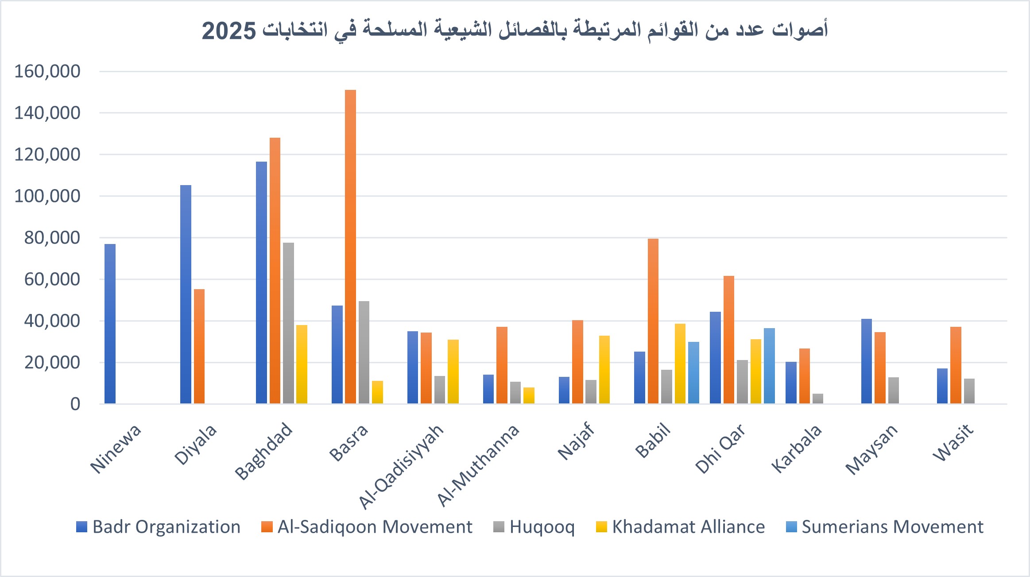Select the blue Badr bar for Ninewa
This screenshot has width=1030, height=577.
pyautogui.click(x=110, y=324)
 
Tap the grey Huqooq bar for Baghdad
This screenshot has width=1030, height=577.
pyautogui.click(x=288, y=323)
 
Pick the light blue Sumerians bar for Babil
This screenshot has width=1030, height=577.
pyautogui.click(x=693, y=372)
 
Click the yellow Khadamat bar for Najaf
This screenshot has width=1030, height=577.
pyautogui.click(x=604, y=369)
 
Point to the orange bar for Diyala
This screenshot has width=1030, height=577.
pyautogui.click(x=199, y=346)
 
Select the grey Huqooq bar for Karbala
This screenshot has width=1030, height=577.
pyautogui.click(x=818, y=399)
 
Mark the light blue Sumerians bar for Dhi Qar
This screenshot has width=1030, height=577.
pyautogui.click(x=769, y=366)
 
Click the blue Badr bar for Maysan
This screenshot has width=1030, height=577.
pyautogui.click(x=866, y=361)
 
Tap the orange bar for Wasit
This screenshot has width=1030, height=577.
pyautogui.click(x=956, y=365)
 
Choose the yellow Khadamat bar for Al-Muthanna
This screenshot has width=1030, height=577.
pyautogui.click(x=529, y=395)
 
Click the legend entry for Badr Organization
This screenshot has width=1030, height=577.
pyautogui.click(x=159, y=527)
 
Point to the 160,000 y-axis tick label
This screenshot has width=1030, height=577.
pyautogui.click(x=47, y=71)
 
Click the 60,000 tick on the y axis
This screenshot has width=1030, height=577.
pyautogui.click(x=52, y=279)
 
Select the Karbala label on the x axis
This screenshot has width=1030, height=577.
pyautogui.click(x=797, y=449)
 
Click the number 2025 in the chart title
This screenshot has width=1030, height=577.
pyautogui.click(x=229, y=31)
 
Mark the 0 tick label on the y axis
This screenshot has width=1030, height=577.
pyautogui.click(x=75, y=404)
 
